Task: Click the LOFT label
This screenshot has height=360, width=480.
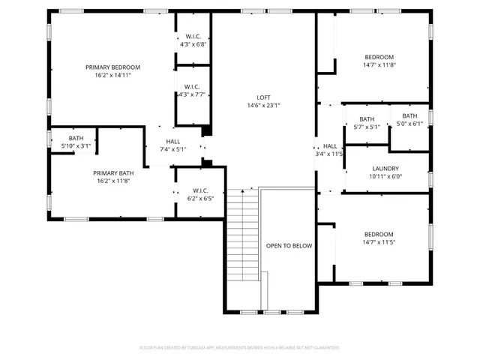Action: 263,97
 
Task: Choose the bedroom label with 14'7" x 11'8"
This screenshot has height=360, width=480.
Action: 379,57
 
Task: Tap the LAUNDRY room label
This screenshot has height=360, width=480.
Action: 385,169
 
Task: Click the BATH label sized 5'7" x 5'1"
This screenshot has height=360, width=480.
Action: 367,119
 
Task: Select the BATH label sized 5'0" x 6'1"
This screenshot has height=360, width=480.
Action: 409,115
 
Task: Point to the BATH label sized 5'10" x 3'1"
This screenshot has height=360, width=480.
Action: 76,138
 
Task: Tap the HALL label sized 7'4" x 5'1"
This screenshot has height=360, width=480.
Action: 173,141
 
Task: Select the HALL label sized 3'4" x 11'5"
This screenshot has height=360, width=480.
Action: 330,146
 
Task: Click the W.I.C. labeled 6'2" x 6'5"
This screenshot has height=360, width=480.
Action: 200,190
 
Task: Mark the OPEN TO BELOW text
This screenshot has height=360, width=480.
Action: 289,245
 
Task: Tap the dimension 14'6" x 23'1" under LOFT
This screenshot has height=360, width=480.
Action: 263,106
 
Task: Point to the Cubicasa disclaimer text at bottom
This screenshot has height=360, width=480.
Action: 239,347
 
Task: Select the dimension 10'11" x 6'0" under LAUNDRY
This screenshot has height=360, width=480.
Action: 385,177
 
